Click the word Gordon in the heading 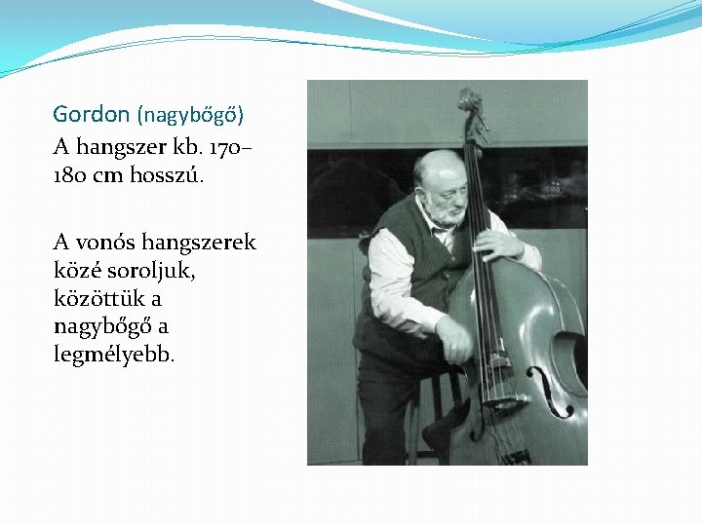(91, 115)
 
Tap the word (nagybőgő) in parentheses (190, 115)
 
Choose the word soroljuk (147, 270)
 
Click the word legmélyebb (114, 355)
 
